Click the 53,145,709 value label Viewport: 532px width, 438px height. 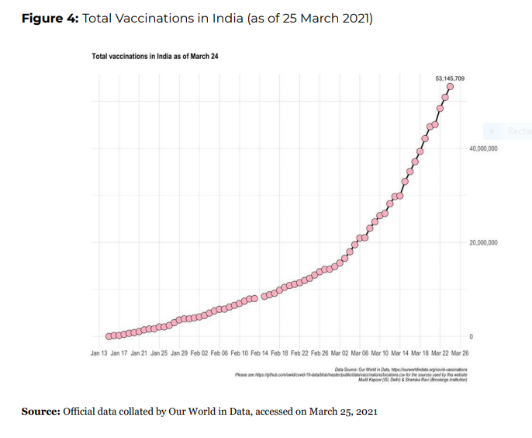450,79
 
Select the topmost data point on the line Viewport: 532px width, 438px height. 450,87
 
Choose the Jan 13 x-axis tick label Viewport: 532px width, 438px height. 98,353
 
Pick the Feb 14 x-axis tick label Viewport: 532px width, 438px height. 260,353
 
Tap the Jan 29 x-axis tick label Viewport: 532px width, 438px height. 179,353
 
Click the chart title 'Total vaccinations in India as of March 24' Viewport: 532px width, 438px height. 144,57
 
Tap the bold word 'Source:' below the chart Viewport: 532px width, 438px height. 40,411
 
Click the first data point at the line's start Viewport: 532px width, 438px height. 109,336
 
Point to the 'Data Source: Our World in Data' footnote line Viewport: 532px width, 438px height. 404,370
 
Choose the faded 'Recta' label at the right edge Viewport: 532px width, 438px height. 518,132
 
